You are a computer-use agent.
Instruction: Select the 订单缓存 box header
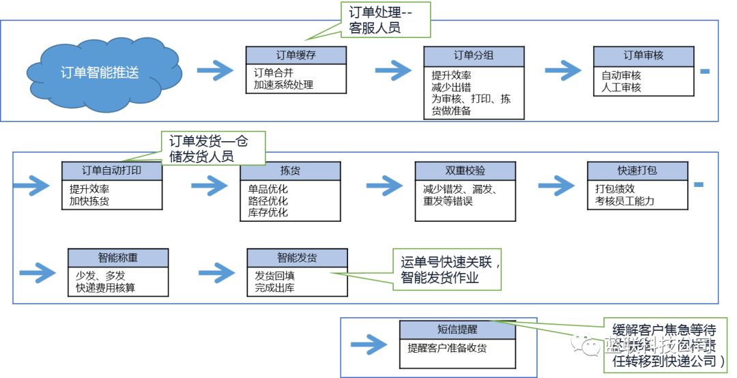pos(295,55)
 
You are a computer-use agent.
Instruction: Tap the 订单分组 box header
pos(474,55)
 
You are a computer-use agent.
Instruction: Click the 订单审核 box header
pos(643,55)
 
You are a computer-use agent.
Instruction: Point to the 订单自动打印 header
pos(112,171)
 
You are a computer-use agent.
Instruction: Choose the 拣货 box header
pos(290,171)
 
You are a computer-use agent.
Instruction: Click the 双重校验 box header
pos(465,171)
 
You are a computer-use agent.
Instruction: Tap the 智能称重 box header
pos(118,258)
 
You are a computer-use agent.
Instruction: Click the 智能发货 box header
pos(297,258)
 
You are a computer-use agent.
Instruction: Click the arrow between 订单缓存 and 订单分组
pos(393,70)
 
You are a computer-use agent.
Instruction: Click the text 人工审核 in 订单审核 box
pos(621,87)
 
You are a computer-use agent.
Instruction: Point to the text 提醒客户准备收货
pos(447,347)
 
